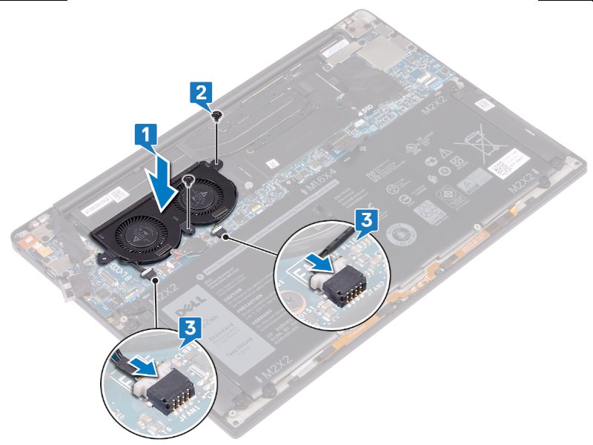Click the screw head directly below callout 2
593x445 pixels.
click(216, 115)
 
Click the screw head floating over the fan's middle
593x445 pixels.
click(191, 179)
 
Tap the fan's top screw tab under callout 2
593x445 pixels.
click(217, 158)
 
